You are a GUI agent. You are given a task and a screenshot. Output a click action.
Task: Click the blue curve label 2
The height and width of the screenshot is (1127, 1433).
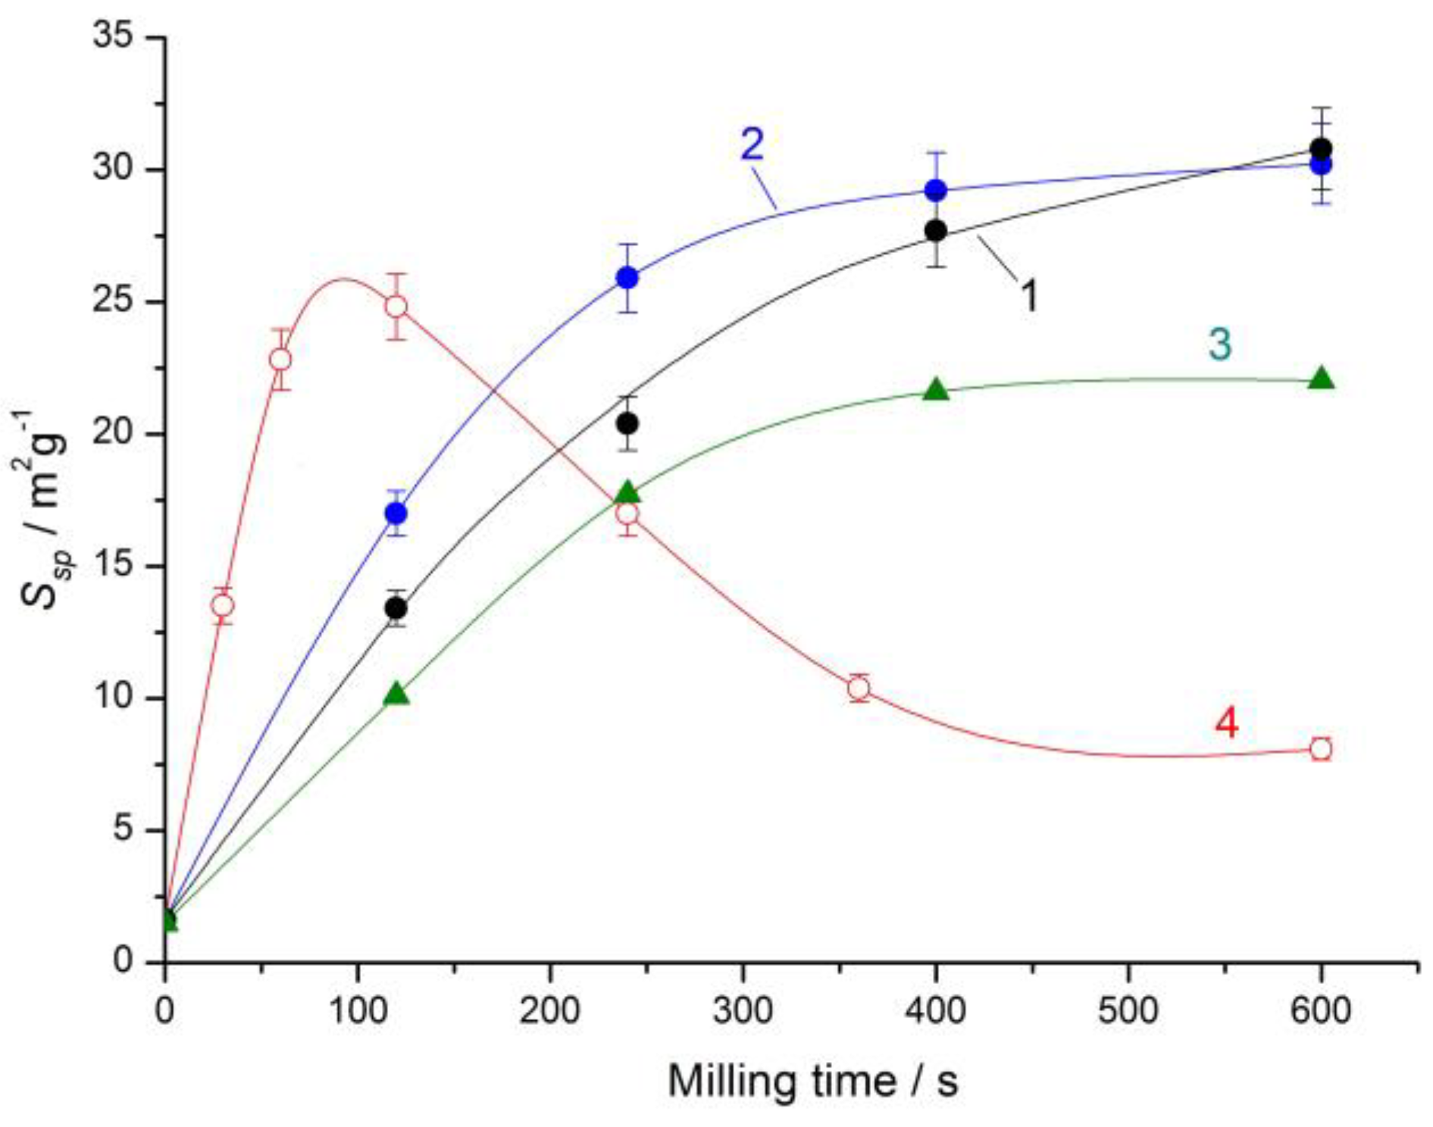click(x=752, y=145)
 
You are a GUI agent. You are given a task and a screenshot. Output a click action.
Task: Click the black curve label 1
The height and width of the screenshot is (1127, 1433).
click(x=1028, y=295)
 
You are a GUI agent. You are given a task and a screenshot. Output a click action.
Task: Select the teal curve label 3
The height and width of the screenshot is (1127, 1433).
click(x=1219, y=344)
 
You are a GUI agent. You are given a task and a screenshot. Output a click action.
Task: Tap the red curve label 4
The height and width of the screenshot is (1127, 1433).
click(x=1226, y=723)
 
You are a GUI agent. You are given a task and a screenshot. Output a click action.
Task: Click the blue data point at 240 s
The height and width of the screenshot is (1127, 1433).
click(x=627, y=278)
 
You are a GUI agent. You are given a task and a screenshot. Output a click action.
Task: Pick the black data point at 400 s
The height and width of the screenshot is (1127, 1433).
click(x=937, y=230)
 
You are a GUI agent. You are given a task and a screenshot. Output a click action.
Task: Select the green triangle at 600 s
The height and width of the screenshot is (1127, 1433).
click(x=1321, y=378)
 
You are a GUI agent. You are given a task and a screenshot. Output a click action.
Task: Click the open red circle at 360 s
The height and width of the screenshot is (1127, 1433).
click(x=859, y=688)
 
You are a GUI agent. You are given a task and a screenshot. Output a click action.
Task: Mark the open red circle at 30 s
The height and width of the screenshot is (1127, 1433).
click(x=223, y=606)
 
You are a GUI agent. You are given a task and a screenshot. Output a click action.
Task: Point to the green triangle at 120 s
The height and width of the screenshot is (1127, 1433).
click(x=396, y=694)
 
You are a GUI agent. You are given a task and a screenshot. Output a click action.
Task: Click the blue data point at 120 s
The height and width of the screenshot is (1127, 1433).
click(x=396, y=514)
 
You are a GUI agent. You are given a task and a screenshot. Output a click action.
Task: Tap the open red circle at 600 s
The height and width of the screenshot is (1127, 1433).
click(x=1321, y=749)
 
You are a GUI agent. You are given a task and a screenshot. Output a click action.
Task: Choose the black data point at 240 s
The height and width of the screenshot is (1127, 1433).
click(x=627, y=423)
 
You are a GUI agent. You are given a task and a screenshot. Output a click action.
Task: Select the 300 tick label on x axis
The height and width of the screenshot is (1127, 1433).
click(x=743, y=1010)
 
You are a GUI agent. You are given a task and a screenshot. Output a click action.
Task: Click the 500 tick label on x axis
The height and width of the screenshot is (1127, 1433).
click(x=1128, y=1010)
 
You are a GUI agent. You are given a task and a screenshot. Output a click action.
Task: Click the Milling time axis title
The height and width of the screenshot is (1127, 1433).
click(x=812, y=1081)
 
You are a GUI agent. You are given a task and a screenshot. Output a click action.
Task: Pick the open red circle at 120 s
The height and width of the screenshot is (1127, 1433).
click(x=396, y=307)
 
